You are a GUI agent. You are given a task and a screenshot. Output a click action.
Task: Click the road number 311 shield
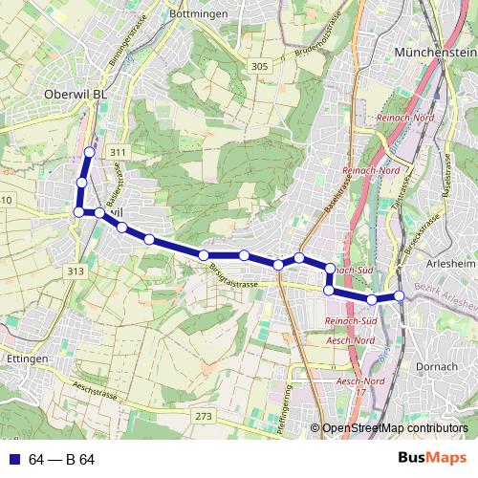click(118, 153)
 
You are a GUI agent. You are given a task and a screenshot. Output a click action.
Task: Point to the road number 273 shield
click(203, 416)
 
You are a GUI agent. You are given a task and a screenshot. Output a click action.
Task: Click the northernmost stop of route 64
click(90, 152)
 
